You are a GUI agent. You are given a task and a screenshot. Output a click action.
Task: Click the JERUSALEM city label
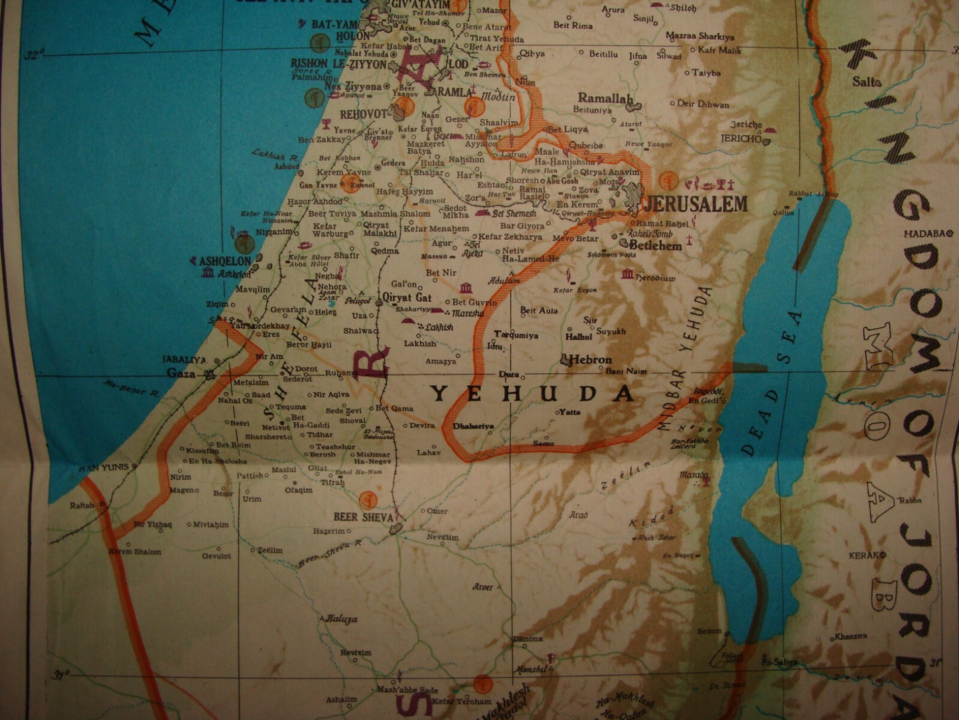coord(695,204)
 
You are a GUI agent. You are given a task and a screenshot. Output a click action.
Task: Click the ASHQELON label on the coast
coord(225,261)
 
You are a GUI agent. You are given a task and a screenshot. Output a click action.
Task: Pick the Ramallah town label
coord(605,98)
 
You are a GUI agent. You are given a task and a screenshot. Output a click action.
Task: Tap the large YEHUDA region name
coord(533,394)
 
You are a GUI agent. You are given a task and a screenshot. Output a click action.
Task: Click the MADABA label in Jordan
coord(925,233)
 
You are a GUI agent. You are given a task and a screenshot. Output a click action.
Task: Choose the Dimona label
coord(528,638)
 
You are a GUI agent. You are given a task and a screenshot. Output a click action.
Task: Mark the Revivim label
coord(356,652)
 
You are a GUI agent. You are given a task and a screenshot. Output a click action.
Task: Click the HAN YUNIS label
coord(103,468)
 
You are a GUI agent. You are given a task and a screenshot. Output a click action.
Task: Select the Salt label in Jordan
coord(865,82)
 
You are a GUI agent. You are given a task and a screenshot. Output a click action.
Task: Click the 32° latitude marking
coord(31,56)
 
